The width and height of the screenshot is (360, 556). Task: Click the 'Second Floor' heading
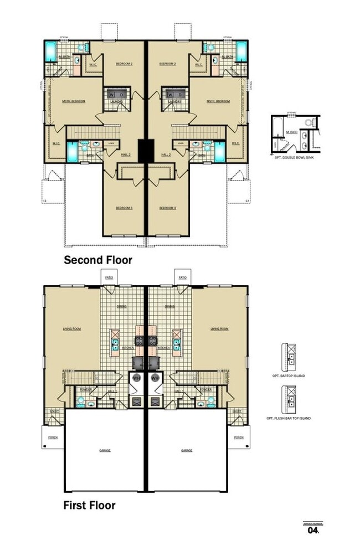click(x=98, y=260)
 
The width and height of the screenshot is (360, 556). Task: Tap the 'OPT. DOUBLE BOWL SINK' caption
click(x=293, y=158)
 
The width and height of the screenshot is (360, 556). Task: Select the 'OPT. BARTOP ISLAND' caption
click(x=293, y=375)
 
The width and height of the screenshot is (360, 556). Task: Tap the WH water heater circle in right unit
click(x=155, y=378)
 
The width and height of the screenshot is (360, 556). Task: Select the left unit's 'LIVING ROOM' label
click(x=72, y=329)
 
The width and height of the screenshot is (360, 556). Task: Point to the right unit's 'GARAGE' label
click(x=187, y=450)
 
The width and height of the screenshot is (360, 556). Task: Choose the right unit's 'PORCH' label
click(x=239, y=437)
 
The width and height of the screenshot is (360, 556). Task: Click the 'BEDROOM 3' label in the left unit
click(x=124, y=208)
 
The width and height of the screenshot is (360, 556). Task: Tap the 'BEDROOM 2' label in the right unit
click(x=167, y=64)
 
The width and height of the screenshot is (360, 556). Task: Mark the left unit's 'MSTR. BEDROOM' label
click(x=74, y=101)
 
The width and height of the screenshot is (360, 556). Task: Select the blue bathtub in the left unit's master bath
click(x=50, y=51)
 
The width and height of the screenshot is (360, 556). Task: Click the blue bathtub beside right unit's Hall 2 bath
click(x=219, y=151)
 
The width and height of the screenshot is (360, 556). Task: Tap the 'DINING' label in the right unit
click(x=169, y=306)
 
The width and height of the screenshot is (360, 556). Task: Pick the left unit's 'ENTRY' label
click(x=55, y=411)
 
